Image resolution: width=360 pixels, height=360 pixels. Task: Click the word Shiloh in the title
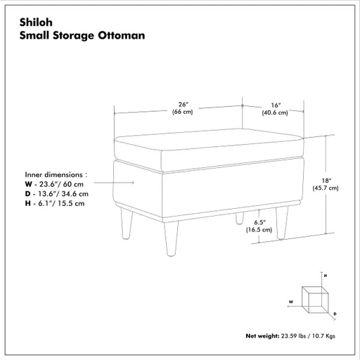(35, 22)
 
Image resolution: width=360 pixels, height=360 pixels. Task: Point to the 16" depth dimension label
(274, 104)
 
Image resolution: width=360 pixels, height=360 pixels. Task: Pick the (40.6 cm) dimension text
(274, 112)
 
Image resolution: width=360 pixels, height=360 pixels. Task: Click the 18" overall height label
(326, 179)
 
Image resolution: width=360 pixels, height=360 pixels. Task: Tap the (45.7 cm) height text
(326, 188)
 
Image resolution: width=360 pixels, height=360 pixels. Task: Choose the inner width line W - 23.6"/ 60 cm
(53, 183)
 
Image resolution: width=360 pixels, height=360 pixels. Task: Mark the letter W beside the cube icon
(290, 301)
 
